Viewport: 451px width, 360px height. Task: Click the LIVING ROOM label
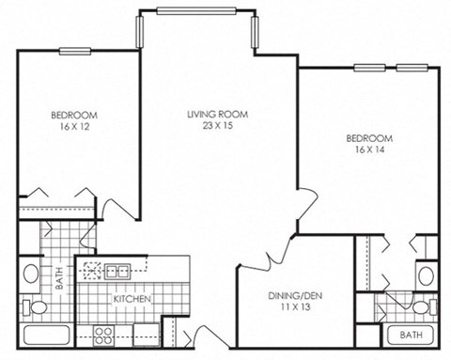(x=209, y=114)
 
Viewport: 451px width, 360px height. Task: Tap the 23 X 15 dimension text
(x=209, y=127)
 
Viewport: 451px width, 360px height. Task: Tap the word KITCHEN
(x=132, y=300)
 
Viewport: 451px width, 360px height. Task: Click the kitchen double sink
(x=117, y=272)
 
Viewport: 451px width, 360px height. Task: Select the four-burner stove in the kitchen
(x=103, y=333)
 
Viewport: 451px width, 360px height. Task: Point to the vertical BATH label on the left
(x=57, y=279)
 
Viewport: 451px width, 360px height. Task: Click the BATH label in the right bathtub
(x=411, y=335)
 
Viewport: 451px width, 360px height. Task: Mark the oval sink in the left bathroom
(x=31, y=274)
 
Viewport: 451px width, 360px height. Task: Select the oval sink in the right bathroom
(x=426, y=276)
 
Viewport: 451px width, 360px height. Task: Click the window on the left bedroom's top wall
(x=75, y=50)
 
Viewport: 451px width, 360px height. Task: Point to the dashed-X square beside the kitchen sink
(x=91, y=272)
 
